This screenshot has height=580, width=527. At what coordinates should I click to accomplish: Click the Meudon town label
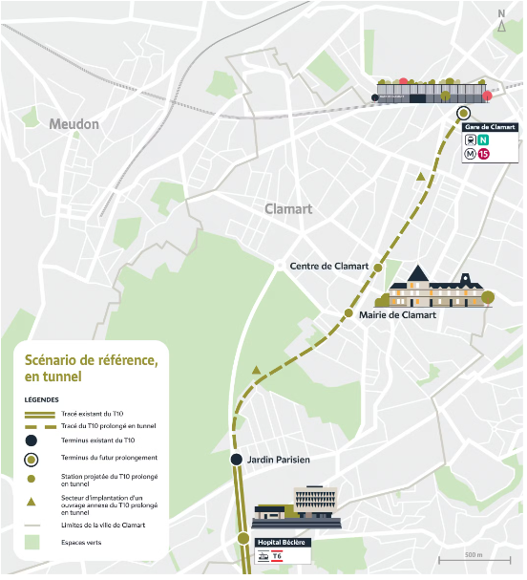[x=74, y=124]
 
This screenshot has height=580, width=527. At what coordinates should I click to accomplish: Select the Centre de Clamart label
[x=329, y=266]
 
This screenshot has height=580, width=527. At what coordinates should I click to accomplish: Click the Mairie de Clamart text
[x=398, y=314]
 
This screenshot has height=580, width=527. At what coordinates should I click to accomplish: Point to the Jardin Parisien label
[x=279, y=460]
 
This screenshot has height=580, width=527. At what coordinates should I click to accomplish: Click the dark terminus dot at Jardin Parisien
[x=237, y=460]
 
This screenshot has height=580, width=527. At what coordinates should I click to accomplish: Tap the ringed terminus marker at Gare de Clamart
[x=463, y=112]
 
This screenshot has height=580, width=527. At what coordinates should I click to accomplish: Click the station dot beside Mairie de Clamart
[x=349, y=313]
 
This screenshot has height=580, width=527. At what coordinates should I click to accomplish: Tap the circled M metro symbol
[x=471, y=153]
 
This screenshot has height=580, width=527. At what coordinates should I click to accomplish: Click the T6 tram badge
[x=277, y=554]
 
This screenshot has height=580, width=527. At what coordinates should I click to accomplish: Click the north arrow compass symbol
[x=502, y=25]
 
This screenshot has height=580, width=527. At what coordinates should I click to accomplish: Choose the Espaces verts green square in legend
[x=32, y=542]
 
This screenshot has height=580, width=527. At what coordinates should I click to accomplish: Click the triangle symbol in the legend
[x=32, y=502]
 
